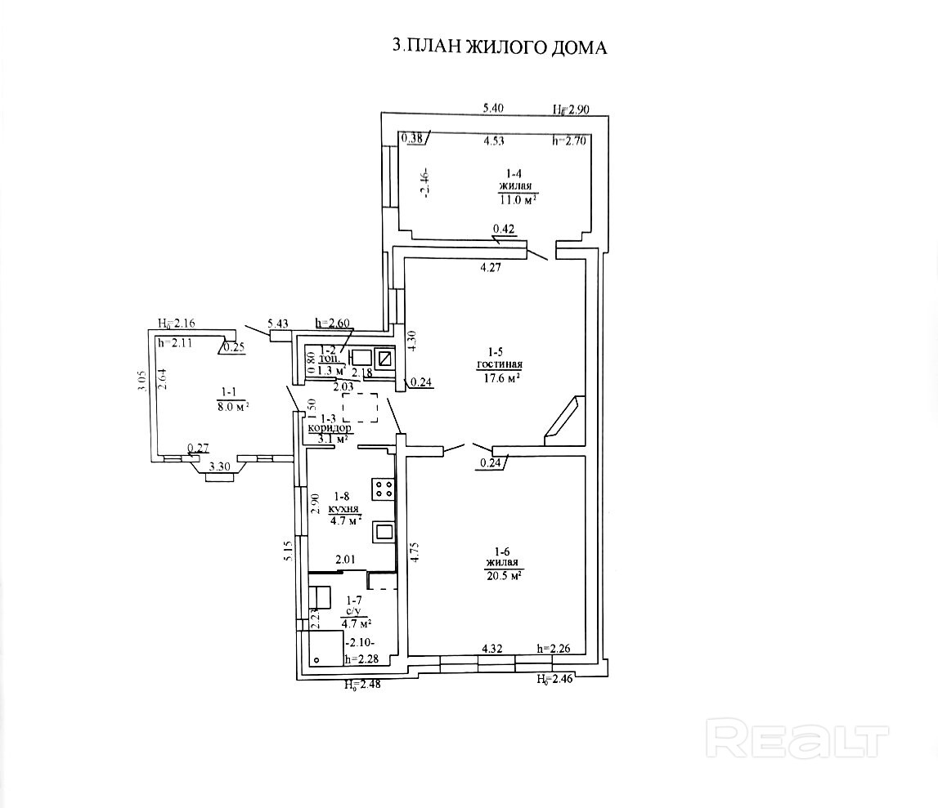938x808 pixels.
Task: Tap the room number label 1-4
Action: (x=514, y=173)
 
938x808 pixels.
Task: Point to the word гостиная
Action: (x=500, y=364)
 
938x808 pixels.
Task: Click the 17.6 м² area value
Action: (x=500, y=377)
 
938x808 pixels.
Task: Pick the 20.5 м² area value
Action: (x=503, y=575)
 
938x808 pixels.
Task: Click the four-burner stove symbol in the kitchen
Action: (x=384, y=489)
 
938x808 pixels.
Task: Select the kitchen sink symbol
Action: (x=384, y=532)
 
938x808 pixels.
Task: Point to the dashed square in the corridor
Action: (x=360, y=407)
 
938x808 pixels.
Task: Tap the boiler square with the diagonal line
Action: (x=384, y=358)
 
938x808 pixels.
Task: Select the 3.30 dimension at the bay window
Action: (x=219, y=466)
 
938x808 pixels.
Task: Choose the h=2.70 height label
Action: (x=570, y=141)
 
